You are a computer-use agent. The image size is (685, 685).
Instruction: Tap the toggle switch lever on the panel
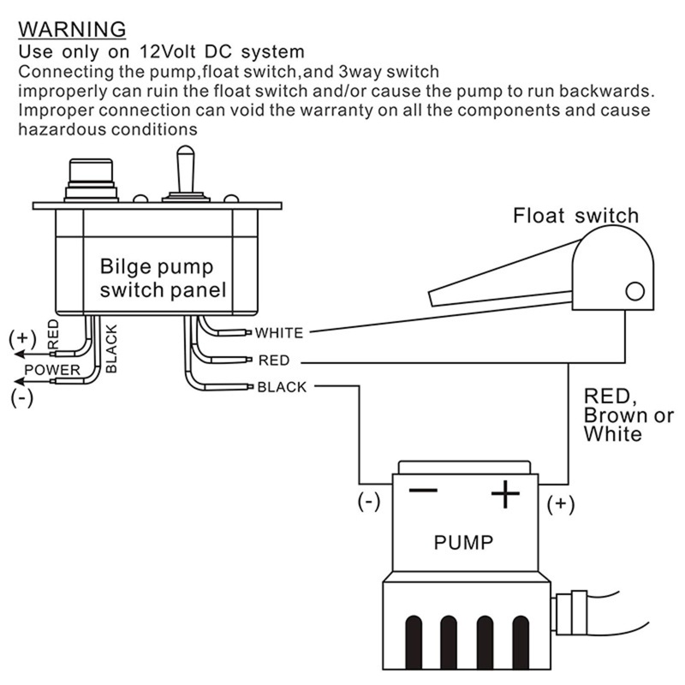[x=184, y=167]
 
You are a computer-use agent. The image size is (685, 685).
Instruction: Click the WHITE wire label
[x=280, y=332]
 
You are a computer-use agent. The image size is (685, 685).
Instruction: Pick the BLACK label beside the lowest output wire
[x=282, y=387]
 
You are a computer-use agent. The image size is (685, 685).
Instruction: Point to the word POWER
[x=51, y=370]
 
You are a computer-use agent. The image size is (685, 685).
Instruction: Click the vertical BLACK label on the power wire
[x=111, y=347]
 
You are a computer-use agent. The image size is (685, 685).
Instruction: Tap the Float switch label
[x=575, y=215]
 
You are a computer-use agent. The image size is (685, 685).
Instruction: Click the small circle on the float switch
[x=634, y=291]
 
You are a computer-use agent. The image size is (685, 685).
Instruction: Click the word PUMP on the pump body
[x=462, y=543]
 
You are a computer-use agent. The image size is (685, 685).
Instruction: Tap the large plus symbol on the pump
[x=505, y=493]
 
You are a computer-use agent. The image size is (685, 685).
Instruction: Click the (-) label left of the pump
[x=369, y=503]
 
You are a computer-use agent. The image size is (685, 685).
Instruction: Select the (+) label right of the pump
[x=561, y=503]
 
